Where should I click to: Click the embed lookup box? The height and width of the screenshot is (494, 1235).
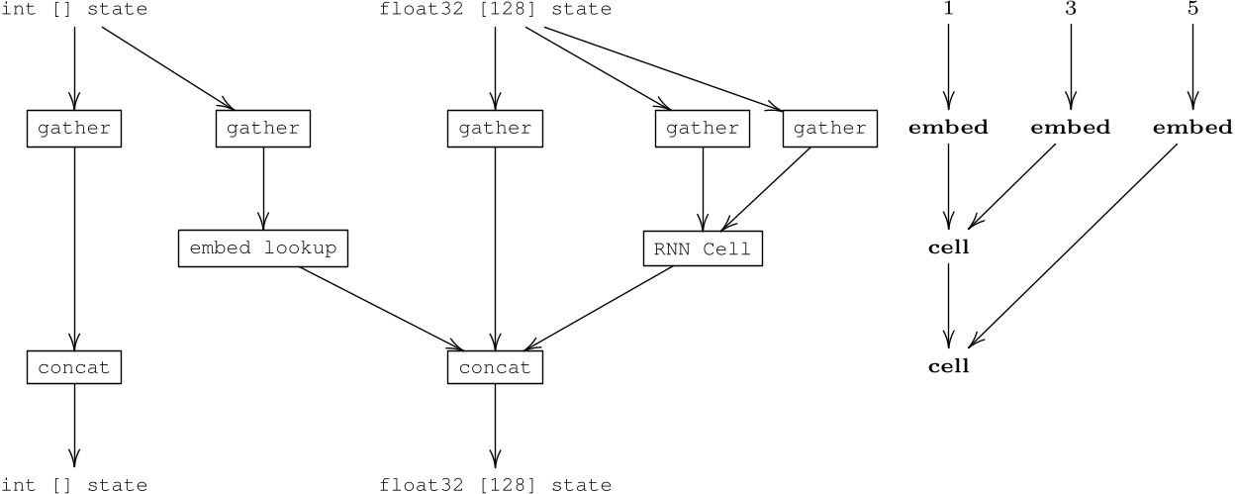[263, 248]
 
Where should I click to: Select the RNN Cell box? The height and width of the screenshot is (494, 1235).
[703, 249]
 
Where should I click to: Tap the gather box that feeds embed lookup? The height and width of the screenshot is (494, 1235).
[263, 129]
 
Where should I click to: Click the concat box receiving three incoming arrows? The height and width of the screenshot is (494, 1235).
[495, 368]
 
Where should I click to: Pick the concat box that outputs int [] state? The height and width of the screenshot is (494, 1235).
[74, 368]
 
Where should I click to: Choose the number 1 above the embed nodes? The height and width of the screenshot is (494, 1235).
[948, 9]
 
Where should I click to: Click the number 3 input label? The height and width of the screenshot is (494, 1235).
[1071, 9]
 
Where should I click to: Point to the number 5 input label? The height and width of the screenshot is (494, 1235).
[1192, 9]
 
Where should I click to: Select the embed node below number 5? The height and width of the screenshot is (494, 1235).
[1192, 128]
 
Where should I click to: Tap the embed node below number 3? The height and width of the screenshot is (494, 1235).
[1071, 128]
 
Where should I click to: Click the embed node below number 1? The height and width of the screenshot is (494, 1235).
[948, 128]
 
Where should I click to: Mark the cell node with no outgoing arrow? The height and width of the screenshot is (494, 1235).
[948, 366]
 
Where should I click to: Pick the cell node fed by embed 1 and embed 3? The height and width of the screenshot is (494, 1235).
[948, 247]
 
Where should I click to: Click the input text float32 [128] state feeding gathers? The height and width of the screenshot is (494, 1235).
[495, 10]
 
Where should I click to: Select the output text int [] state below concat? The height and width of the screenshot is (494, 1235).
[74, 485]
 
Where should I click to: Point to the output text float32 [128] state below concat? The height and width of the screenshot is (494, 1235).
[495, 485]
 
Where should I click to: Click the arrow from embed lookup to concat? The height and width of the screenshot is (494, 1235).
[381, 308]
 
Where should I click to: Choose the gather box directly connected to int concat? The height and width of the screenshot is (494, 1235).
[74, 129]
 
